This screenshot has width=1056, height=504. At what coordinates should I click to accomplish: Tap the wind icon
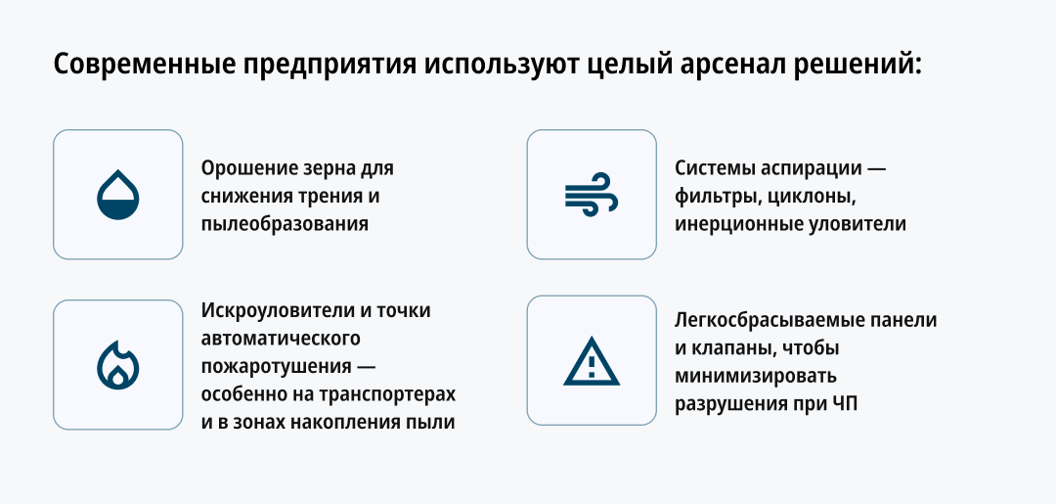592,195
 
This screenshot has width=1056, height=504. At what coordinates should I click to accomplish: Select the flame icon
118,365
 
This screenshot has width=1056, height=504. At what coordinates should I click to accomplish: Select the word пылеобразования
285,224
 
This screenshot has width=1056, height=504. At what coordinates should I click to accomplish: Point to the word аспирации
809,168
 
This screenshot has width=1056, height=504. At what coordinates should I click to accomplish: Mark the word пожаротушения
276,367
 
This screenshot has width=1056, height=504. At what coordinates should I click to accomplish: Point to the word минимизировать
756,375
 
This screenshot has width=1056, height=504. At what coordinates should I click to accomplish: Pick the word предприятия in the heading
328,66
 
